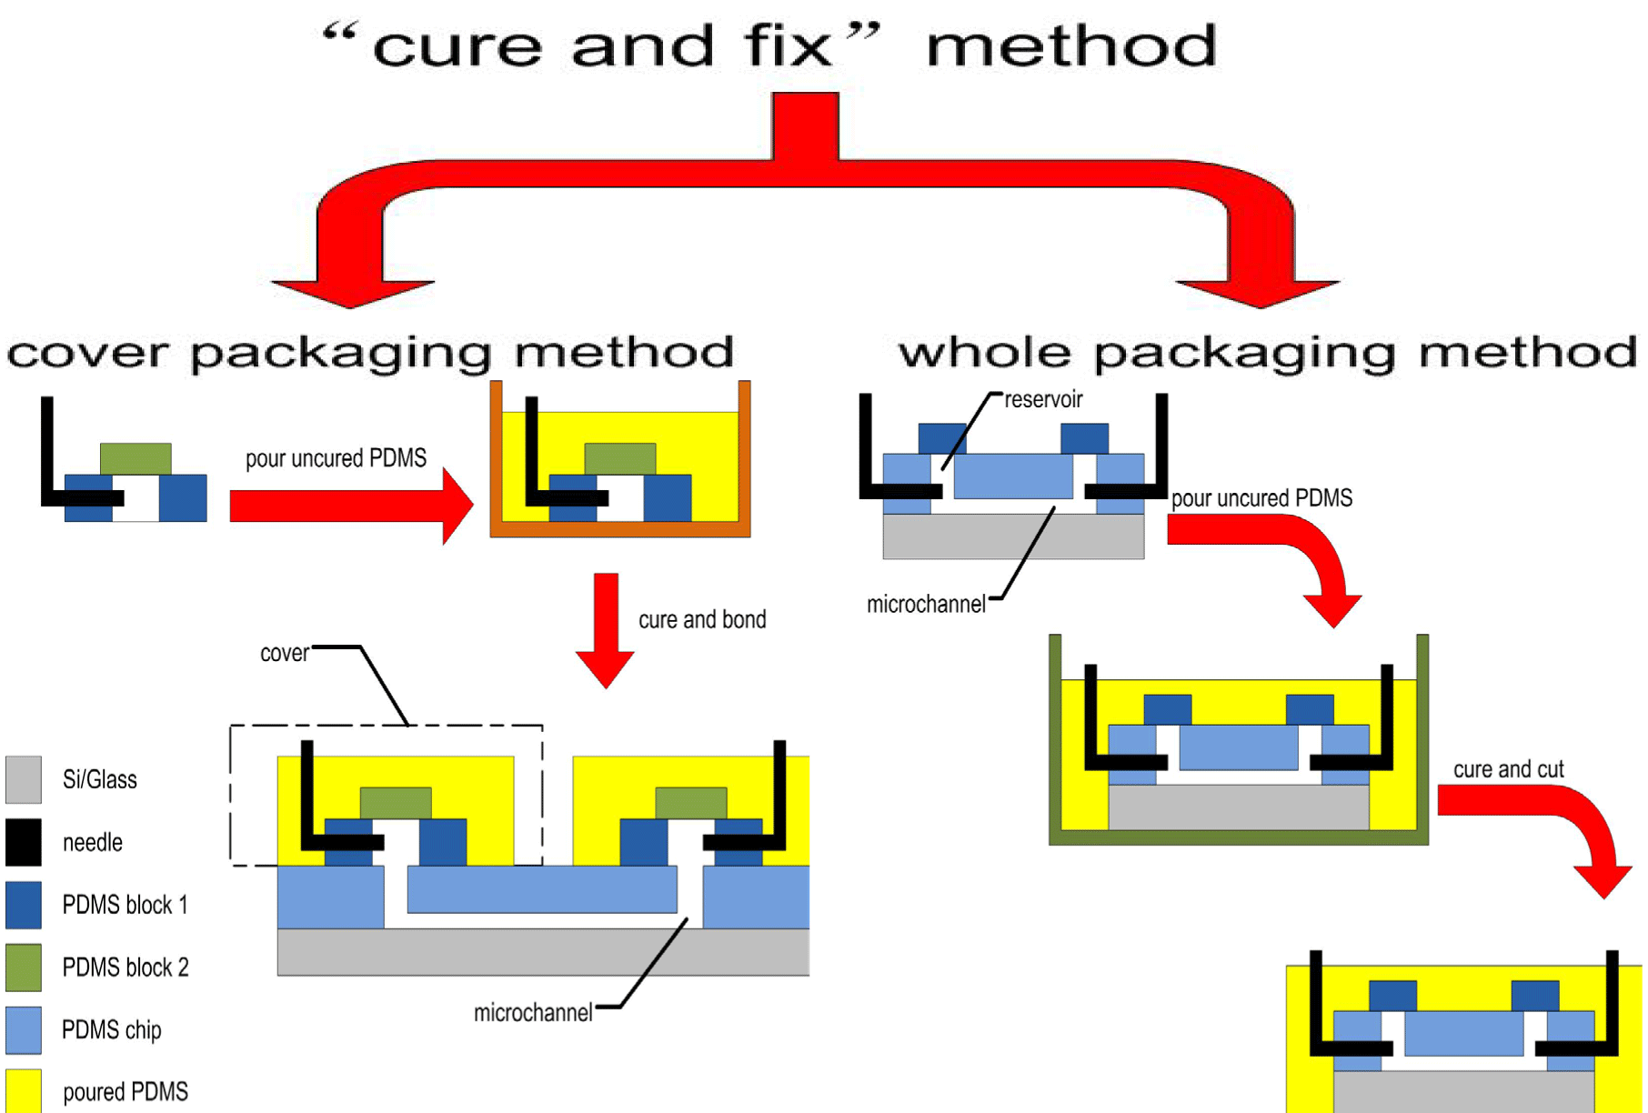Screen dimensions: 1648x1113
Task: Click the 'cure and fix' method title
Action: (769, 45)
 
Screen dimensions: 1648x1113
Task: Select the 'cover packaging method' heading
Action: (370, 353)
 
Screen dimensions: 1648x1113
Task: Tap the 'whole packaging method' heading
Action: (1268, 353)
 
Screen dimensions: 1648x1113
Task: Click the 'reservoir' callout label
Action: (1043, 399)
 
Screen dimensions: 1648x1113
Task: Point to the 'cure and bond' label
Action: (702, 619)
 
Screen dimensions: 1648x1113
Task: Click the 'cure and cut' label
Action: (1508, 769)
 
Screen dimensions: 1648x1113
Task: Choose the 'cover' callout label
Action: (284, 654)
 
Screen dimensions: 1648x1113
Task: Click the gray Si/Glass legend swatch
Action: (24, 779)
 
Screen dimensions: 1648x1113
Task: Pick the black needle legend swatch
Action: (24, 842)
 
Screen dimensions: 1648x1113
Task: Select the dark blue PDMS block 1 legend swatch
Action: (24, 905)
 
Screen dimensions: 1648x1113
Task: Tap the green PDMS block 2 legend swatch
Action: (24, 967)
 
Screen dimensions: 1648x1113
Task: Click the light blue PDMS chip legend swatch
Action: (24, 1029)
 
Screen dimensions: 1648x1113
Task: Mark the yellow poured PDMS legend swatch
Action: (24, 1090)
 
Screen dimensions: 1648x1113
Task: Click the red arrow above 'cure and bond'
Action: (606, 630)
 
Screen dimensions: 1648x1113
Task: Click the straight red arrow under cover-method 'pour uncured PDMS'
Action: (351, 506)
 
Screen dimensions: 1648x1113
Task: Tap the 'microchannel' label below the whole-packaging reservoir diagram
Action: (926, 605)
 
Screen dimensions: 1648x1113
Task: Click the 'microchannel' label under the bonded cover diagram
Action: (533, 1013)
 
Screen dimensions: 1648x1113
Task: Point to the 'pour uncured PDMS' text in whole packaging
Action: (1261, 498)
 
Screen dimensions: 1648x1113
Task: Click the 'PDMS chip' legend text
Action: (112, 1030)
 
